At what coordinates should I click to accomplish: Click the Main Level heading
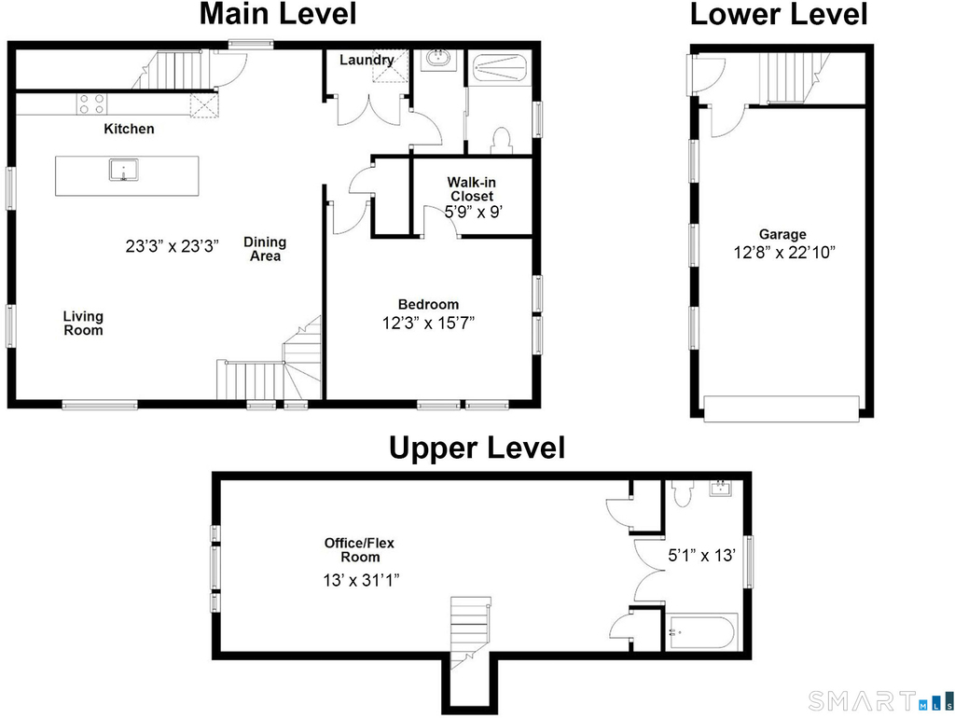[278, 14]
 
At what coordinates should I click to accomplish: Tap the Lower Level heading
[779, 14]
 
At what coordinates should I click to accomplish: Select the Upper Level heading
[477, 449]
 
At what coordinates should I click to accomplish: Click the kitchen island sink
[124, 170]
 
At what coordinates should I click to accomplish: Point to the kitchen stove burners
[91, 104]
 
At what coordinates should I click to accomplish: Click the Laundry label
[367, 60]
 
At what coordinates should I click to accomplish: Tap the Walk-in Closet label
[472, 188]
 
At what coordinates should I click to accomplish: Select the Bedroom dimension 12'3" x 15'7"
[428, 323]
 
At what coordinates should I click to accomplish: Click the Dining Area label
[265, 249]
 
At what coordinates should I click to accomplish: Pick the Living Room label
[83, 324]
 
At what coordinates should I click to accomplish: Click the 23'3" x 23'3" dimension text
[173, 246]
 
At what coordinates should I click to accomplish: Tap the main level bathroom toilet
[502, 141]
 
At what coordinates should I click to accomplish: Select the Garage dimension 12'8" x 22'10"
[783, 252]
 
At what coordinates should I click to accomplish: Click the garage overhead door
[782, 408]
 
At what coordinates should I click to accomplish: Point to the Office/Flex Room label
[359, 550]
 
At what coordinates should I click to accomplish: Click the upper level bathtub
[701, 632]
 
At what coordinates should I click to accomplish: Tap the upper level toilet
[682, 492]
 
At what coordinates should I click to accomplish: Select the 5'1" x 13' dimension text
[701, 556]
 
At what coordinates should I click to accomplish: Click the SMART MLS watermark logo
[880, 701]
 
